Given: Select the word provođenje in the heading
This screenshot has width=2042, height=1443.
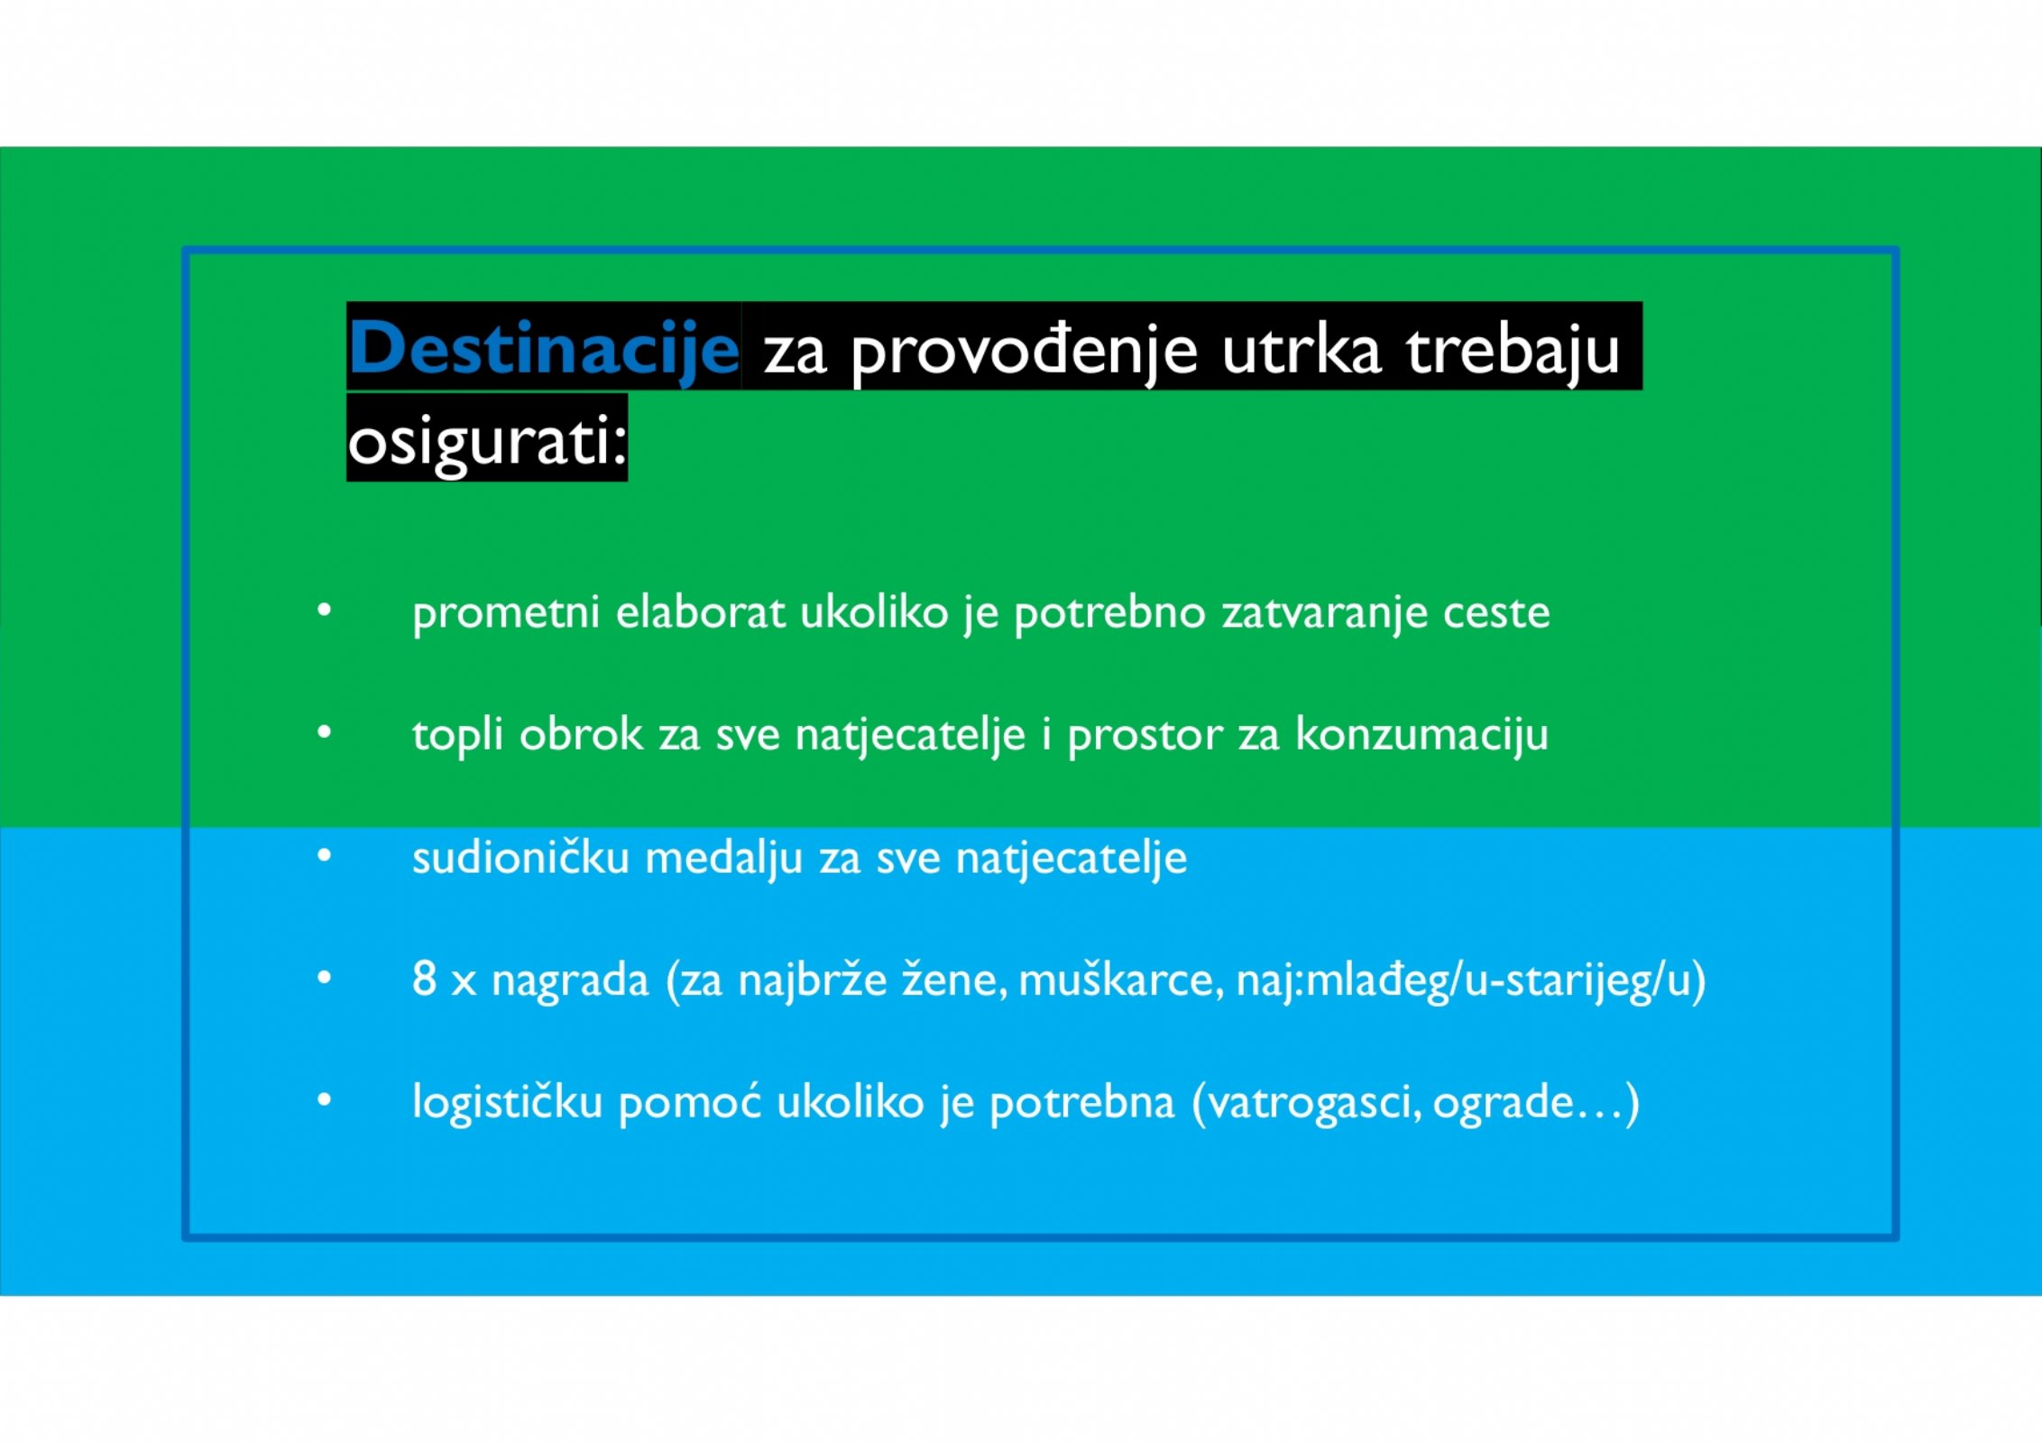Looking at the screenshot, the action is click(1024, 353).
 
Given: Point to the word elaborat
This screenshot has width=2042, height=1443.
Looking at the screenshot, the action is click(700, 612).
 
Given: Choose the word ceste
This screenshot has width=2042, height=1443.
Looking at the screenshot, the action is click(1496, 613).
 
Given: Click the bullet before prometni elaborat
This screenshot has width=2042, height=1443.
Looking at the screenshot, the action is click(325, 611).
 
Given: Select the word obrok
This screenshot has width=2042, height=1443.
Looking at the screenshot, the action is click(581, 734).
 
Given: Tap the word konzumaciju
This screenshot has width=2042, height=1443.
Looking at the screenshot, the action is click(1422, 736).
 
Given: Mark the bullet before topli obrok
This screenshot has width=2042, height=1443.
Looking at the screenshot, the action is click(325, 732).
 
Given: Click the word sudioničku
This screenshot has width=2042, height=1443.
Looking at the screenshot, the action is click(520, 857).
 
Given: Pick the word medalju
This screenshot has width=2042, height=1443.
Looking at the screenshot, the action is click(723, 858).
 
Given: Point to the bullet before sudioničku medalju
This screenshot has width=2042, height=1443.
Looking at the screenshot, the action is click(325, 855).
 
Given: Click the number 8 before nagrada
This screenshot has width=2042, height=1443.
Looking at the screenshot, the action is click(424, 979).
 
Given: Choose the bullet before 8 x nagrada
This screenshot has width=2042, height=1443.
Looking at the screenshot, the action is click(325, 978).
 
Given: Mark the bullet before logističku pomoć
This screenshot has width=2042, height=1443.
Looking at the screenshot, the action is click(325, 1100).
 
